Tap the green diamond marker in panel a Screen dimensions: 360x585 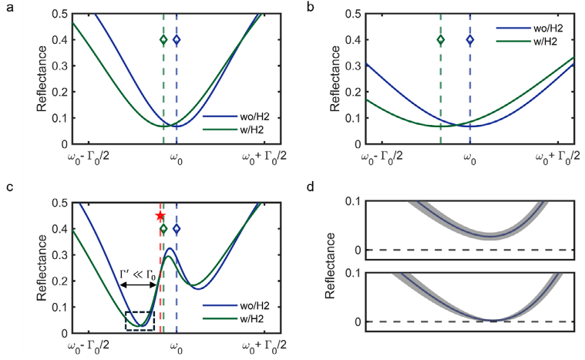[163, 39]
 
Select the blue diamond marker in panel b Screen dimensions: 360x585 [470, 39]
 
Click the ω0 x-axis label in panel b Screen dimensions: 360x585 [469, 158]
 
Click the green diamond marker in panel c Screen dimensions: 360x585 [163, 229]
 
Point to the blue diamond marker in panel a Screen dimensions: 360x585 [177, 39]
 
